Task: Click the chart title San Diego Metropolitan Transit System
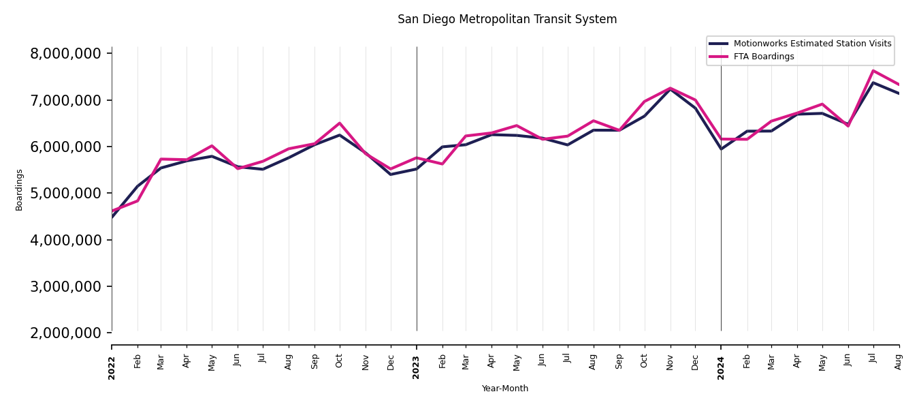(507, 20)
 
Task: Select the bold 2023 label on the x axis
(417, 367)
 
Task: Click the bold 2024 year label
(721, 367)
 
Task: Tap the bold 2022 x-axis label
(112, 367)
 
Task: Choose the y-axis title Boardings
(19, 190)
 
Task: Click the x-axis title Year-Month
(505, 389)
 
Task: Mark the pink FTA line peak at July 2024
(873, 71)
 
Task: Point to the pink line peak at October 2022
(340, 123)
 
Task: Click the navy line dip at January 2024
(721, 149)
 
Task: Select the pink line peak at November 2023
(671, 88)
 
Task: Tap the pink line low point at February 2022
(138, 200)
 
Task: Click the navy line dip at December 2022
(391, 174)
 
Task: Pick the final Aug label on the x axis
(899, 361)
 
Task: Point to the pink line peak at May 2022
(212, 146)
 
